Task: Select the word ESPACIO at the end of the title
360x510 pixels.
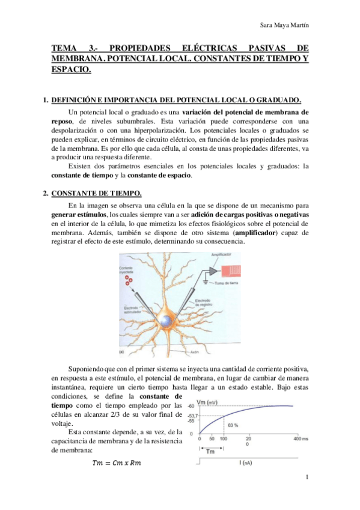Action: [x=72, y=70]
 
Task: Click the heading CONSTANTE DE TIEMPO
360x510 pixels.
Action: [x=97, y=192]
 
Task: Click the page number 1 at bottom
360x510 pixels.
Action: [x=307, y=479]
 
